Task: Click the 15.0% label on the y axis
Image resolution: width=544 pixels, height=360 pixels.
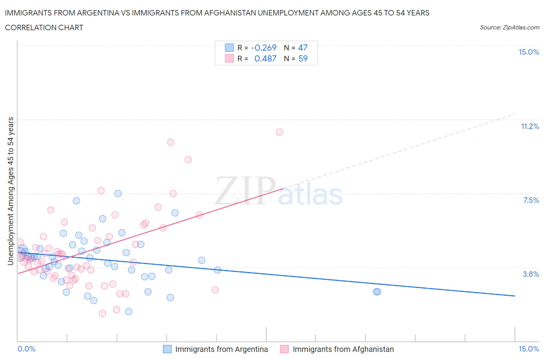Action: point(529,52)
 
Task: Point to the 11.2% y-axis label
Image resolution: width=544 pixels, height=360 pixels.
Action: point(530,127)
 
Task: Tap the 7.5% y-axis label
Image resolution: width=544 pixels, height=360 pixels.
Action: point(531,201)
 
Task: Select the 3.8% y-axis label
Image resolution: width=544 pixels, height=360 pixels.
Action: point(531,274)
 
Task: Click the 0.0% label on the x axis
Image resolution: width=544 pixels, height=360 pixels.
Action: point(26,349)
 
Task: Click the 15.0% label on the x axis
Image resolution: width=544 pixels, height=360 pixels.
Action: point(529,349)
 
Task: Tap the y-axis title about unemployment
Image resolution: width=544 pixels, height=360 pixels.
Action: point(10,191)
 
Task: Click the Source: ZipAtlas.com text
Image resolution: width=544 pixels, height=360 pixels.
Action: point(509,27)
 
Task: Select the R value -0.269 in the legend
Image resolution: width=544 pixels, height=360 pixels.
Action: point(263,48)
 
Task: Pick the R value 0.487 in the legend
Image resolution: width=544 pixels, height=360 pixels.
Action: point(265,58)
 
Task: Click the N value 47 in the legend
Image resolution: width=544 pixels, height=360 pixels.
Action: point(303,48)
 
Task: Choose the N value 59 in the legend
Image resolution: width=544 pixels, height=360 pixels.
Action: point(303,58)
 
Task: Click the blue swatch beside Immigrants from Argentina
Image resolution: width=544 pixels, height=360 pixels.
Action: point(167,349)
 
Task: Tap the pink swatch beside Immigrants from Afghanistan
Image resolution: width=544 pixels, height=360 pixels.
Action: point(284,349)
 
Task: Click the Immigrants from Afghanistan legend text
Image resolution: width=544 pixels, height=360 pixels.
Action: point(343,349)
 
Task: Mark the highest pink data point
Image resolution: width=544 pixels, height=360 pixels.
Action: point(279,132)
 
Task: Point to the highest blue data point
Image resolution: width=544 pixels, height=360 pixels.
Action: point(118,194)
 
